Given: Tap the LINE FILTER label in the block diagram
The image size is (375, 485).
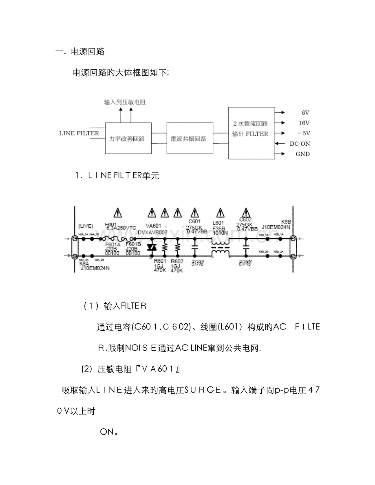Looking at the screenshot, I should (x=79, y=133).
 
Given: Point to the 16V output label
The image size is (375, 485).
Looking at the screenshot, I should (x=304, y=123).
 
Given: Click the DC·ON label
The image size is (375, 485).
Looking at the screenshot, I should (x=300, y=144).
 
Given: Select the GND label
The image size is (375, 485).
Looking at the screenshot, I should (x=302, y=154).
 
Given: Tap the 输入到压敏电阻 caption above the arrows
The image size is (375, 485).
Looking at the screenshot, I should (x=125, y=103).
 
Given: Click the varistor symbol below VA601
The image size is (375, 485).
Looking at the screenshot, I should (x=152, y=247).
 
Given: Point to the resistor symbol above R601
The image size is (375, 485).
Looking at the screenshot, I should (x=165, y=247).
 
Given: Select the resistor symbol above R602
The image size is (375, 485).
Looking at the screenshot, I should (x=177, y=247).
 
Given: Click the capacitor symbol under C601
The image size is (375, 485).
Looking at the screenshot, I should (x=194, y=247).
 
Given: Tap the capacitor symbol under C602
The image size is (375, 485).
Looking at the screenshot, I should (x=246, y=247).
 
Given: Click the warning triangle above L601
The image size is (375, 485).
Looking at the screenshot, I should (x=221, y=212).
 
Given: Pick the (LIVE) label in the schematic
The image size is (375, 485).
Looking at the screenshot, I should (x=86, y=226).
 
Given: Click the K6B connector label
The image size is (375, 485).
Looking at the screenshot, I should (x=286, y=222).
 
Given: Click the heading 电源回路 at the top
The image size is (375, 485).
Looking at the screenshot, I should (x=88, y=52).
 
